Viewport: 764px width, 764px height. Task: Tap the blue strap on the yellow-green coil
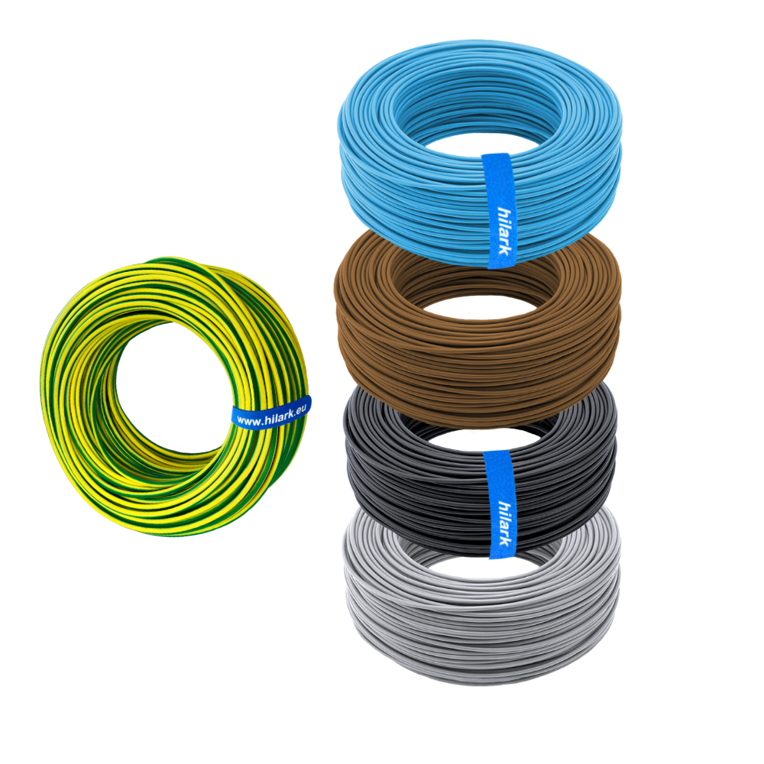(271, 414)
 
